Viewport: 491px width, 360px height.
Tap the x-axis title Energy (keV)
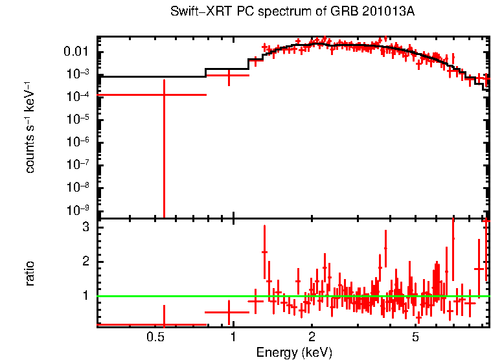[x=294, y=352]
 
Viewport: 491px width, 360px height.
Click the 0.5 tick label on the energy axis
[x=154, y=337]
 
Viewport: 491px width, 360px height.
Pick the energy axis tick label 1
[x=233, y=337]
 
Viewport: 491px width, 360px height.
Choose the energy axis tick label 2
[x=312, y=337]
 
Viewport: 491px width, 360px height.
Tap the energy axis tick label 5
[x=415, y=337]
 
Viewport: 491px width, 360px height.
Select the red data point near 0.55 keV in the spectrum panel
[x=164, y=95]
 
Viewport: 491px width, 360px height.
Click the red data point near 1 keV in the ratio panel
[x=229, y=312]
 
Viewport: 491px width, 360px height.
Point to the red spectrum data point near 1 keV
[x=229, y=76]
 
